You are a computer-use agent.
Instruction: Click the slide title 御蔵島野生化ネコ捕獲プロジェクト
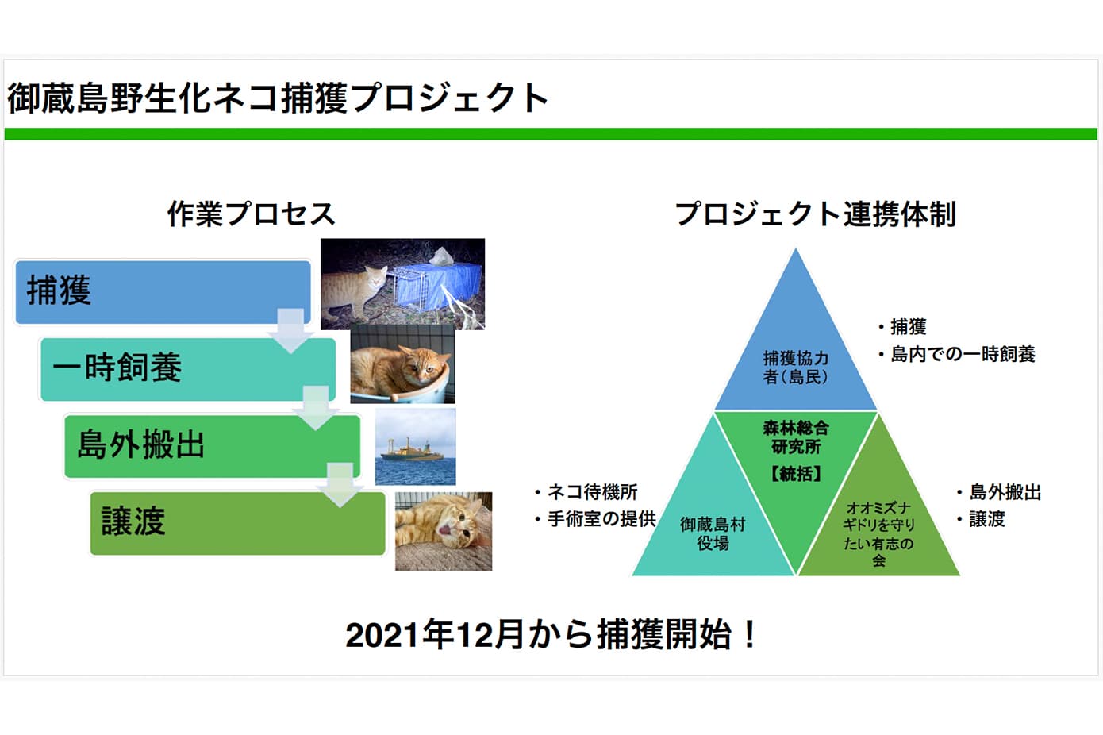278,98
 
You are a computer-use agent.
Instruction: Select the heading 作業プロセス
251,214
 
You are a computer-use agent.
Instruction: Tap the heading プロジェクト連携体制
815,214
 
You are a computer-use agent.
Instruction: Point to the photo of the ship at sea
415,446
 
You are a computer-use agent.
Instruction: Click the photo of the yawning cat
444,531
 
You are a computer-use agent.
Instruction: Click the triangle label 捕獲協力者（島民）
795,367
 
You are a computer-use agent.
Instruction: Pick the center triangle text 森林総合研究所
795,437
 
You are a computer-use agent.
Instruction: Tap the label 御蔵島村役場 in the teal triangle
713,533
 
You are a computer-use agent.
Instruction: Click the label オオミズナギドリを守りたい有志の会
878,534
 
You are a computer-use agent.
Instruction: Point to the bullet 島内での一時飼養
962,354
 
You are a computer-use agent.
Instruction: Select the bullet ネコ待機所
592,492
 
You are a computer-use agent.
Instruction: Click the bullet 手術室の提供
601,519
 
